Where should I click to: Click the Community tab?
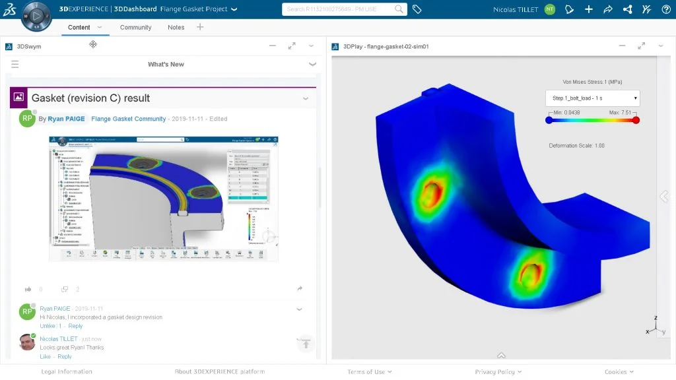135,27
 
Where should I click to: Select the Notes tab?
176,27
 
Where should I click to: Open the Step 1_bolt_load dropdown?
593,98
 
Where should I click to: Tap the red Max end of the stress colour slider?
636,120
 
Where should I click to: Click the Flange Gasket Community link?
129,119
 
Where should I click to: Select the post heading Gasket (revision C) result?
90,98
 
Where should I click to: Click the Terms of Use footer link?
366,371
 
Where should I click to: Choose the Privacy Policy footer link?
494,371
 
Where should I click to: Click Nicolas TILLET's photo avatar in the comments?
27,342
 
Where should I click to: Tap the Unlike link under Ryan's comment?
48,326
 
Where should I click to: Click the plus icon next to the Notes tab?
200,27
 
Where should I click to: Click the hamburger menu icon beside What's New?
15,64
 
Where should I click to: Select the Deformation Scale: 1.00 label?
576,145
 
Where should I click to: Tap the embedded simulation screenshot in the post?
164,199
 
